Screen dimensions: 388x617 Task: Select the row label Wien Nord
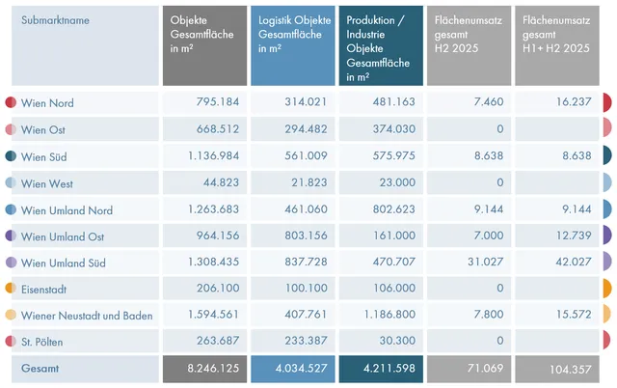click(x=47, y=103)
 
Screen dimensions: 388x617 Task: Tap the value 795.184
click(x=210, y=103)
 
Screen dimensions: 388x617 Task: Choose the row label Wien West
click(x=47, y=183)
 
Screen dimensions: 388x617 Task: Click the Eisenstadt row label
click(x=46, y=289)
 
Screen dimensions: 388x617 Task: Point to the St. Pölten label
click(x=43, y=342)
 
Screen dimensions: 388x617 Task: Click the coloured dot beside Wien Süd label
click(x=10, y=156)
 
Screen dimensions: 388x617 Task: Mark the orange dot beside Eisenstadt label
click(x=10, y=289)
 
